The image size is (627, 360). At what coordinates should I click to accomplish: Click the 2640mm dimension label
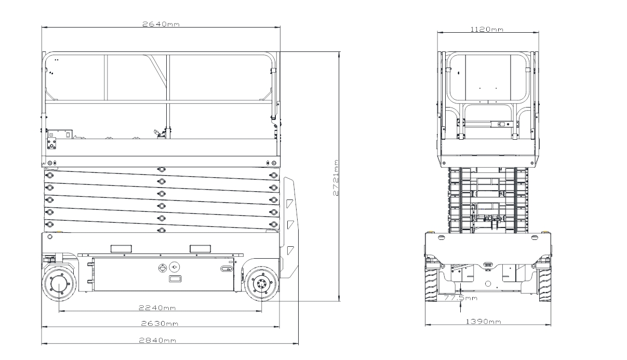(x=161, y=24)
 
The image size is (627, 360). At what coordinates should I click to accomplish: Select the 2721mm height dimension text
(x=336, y=178)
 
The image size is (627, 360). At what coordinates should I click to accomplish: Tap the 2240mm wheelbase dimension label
(x=157, y=308)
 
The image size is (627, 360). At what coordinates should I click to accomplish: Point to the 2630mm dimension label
(x=159, y=324)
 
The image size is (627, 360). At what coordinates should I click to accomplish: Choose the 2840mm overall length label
(x=158, y=340)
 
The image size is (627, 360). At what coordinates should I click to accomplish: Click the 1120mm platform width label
(x=487, y=30)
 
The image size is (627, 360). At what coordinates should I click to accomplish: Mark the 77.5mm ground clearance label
(x=461, y=298)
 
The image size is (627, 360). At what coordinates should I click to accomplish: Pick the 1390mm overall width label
(x=484, y=322)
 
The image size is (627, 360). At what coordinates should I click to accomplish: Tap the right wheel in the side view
(x=262, y=284)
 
